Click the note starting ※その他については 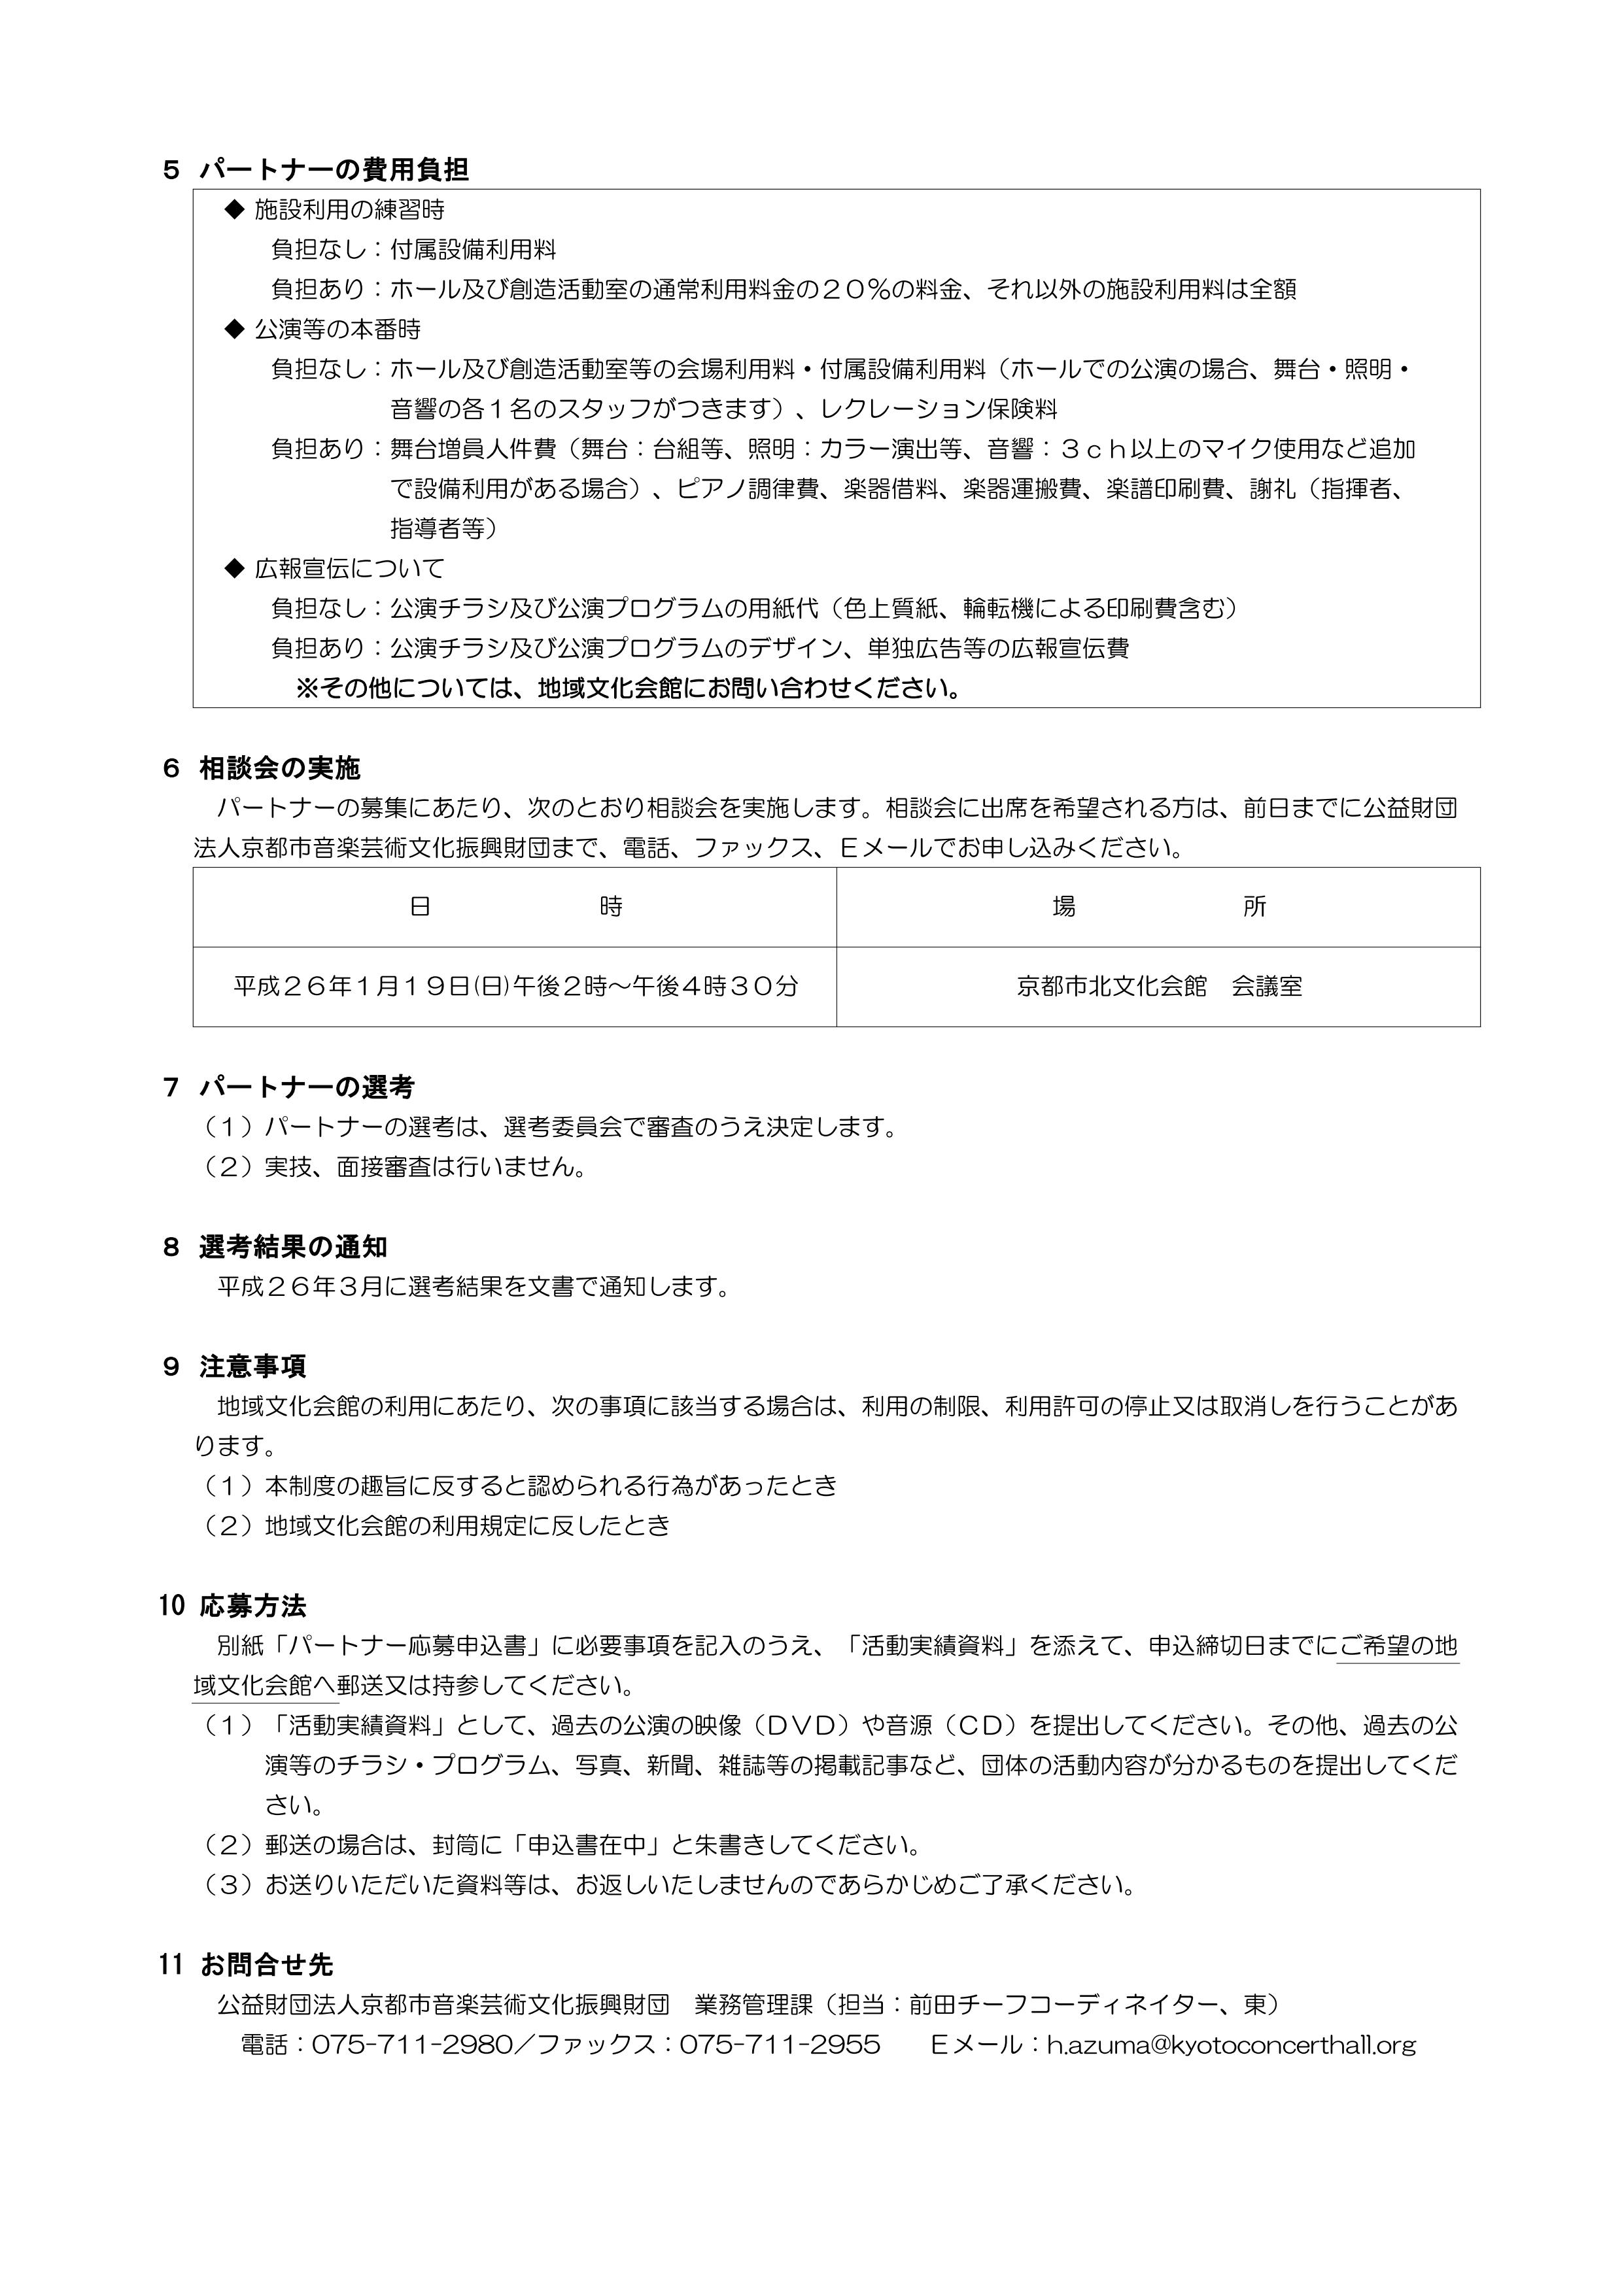(x=629, y=689)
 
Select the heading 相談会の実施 (x=280, y=768)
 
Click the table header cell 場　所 (x=1158, y=907)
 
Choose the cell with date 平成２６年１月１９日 (x=515, y=987)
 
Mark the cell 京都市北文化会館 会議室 (x=1158, y=987)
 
